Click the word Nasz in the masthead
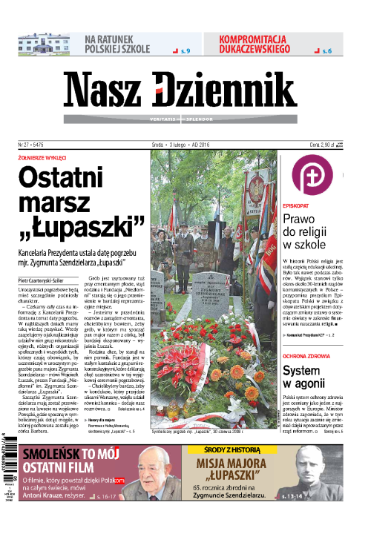point(107,93)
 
